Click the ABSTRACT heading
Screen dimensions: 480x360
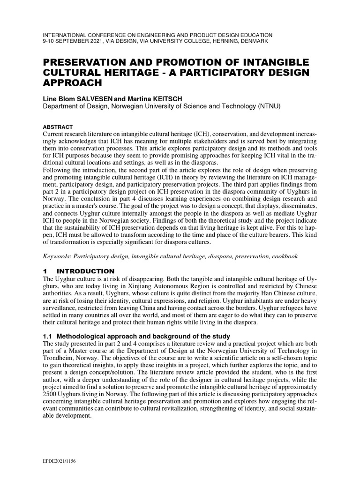click(58, 127)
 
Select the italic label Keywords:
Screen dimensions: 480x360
click(58, 256)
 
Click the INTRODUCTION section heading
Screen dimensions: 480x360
click(85, 271)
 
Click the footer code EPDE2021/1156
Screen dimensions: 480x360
click(59, 461)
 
